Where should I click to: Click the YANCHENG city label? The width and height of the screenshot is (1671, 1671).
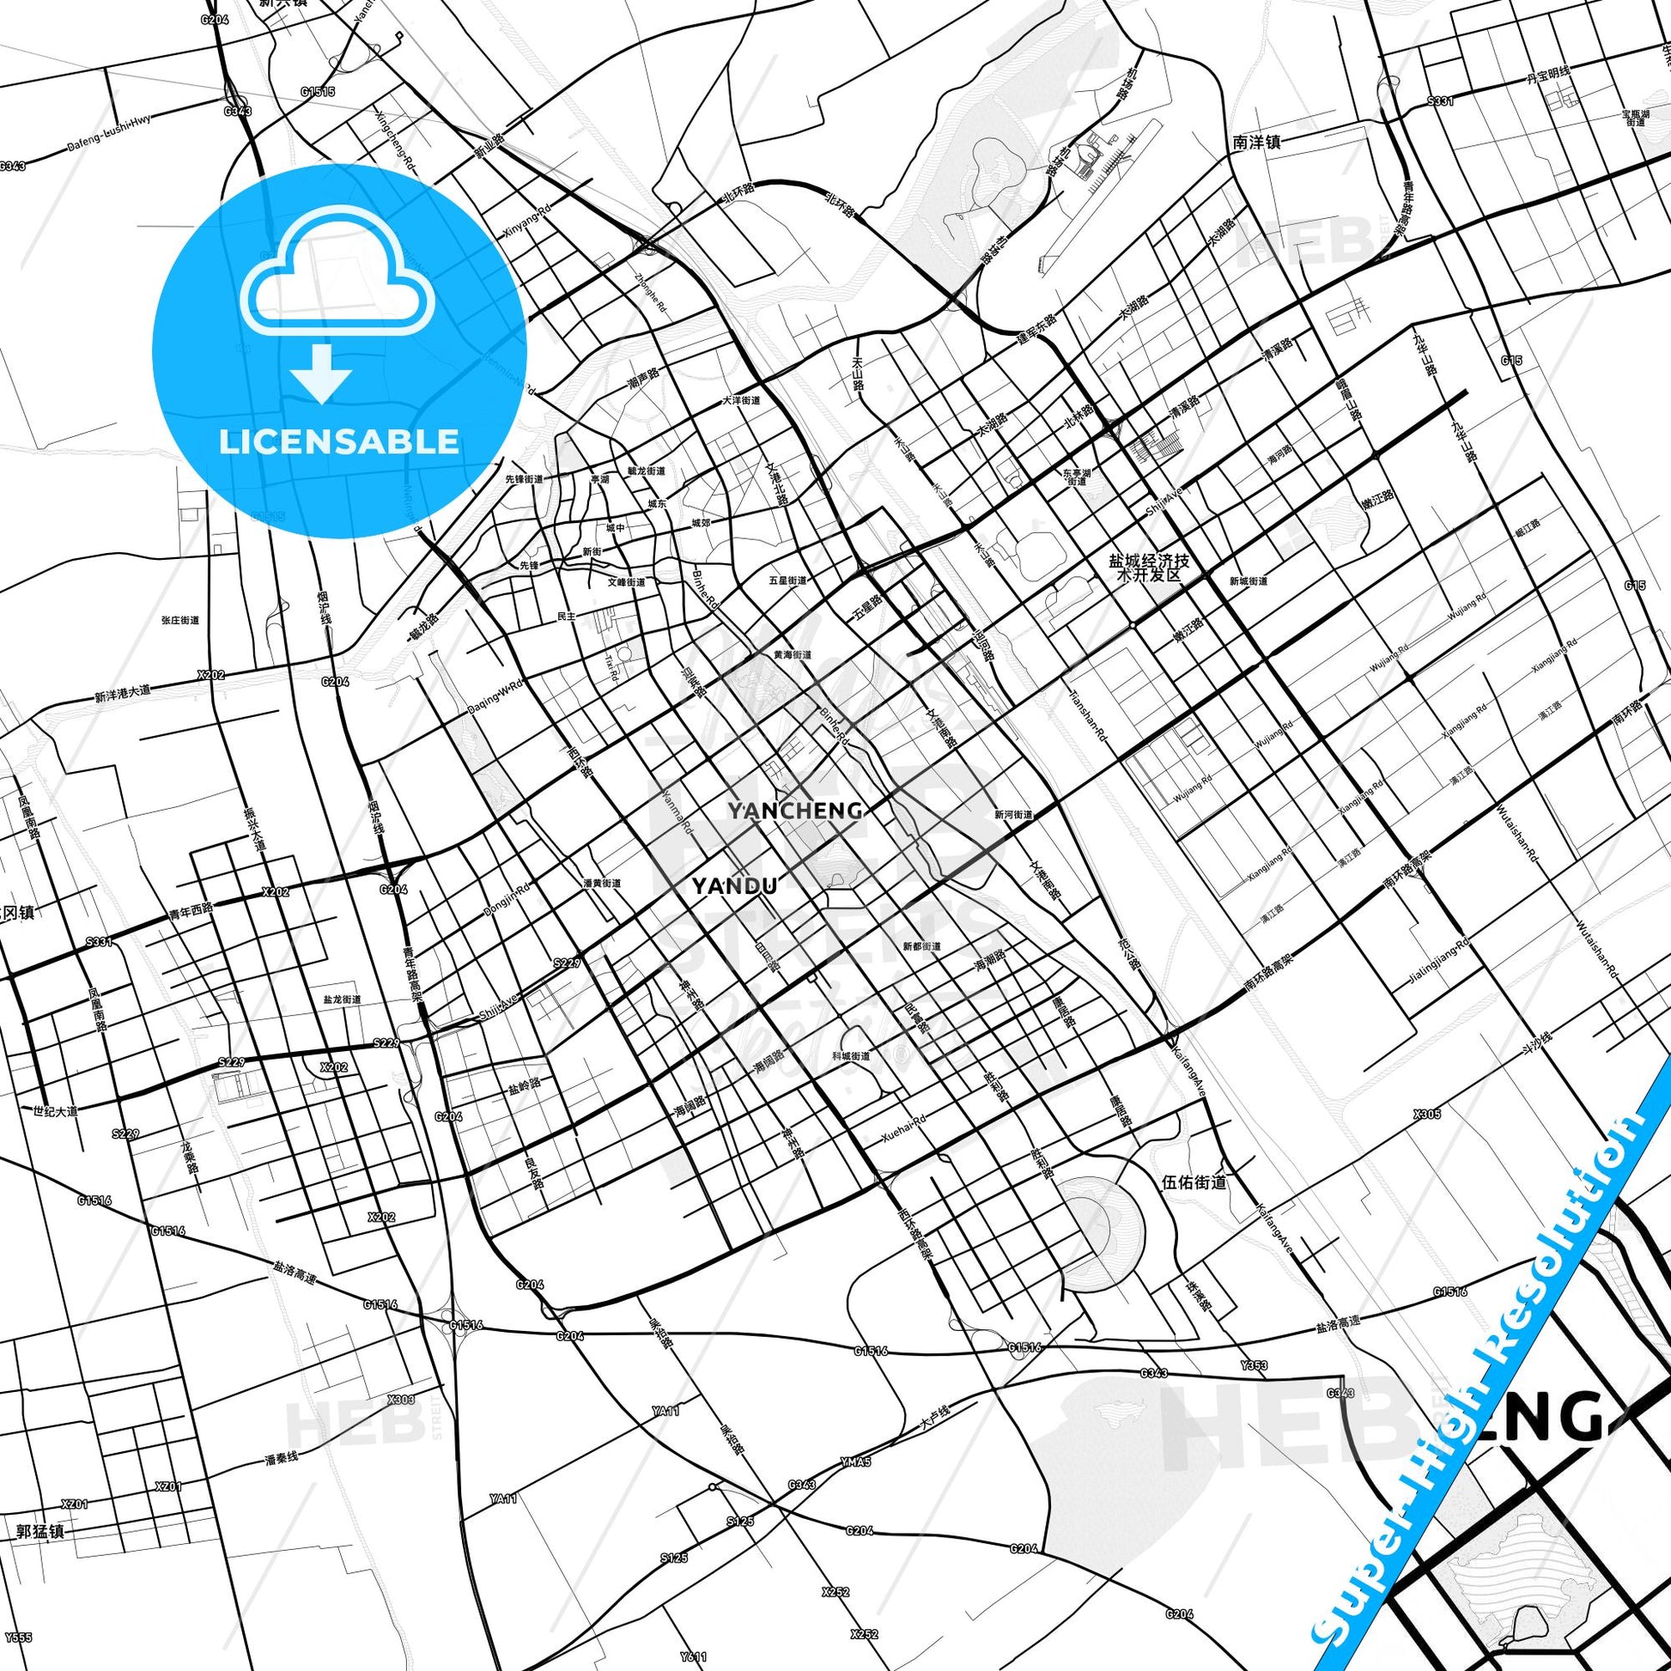[796, 811]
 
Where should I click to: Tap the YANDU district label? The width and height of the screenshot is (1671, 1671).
[734, 884]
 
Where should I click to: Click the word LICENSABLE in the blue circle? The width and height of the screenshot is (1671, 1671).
[338, 442]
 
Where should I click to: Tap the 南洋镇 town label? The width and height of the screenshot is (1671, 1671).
[1257, 142]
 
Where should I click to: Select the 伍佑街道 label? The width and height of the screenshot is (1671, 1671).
[1194, 1182]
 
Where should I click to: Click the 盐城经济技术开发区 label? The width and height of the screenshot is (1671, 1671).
[1149, 568]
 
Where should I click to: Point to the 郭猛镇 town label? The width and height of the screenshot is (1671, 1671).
[39, 1532]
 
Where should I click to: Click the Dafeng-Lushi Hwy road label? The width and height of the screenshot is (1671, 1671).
[109, 136]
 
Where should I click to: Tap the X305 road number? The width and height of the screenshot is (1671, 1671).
[1426, 1115]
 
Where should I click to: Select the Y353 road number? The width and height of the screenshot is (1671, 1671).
[1254, 1365]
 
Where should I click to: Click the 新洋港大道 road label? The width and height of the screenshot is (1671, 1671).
[123, 693]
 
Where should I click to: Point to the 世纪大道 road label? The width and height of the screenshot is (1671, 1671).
[55, 1110]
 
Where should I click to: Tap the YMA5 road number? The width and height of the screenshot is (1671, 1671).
[855, 1461]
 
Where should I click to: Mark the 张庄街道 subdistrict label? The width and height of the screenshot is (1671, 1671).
[180, 620]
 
